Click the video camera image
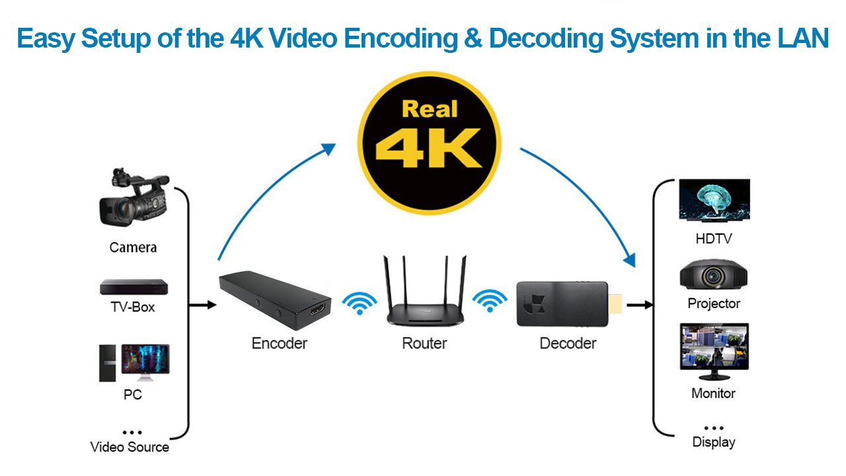coord(133,198)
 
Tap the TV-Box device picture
coord(134,287)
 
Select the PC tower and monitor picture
coord(134,362)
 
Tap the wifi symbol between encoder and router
coord(360,303)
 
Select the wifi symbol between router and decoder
coord(489,301)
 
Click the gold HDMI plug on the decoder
coord(615,305)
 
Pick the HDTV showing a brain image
coord(714,200)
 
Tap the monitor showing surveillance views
coord(714,350)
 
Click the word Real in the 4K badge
coord(430,108)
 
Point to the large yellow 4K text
coord(428,149)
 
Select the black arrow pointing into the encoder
coord(203,305)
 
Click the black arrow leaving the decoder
coord(640,305)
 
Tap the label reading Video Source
coord(130,447)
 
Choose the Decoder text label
coord(568,343)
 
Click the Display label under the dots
coord(714,442)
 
